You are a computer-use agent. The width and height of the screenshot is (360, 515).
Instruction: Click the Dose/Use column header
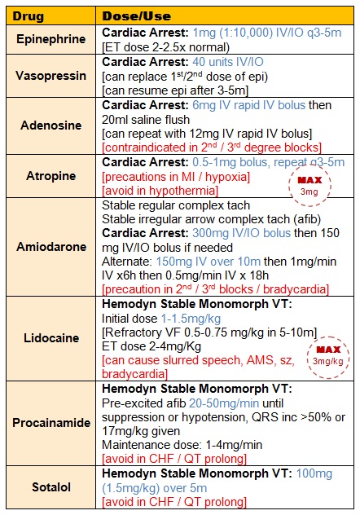click(135, 15)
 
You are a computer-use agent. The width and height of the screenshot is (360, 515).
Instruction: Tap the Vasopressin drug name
click(50, 75)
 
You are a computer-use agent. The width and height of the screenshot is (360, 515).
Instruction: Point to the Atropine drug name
click(50, 175)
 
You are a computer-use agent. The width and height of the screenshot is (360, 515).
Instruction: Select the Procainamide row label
click(50, 423)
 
